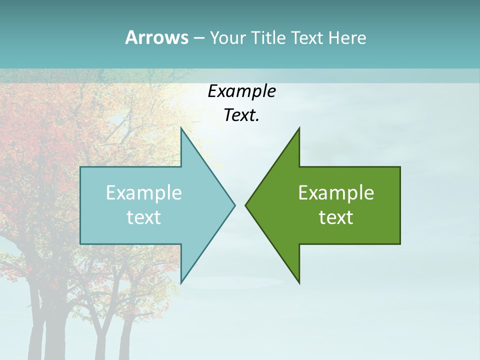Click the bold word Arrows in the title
(x=156, y=37)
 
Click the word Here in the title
(x=347, y=38)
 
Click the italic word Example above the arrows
(x=241, y=91)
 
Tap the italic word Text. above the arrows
(x=241, y=115)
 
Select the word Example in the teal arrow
(x=144, y=193)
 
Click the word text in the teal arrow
(x=144, y=217)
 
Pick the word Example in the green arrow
(x=336, y=193)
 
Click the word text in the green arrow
(x=336, y=217)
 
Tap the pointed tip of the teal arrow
(x=234, y=205)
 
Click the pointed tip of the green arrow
(x=246, y=205)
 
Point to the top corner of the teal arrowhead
(x=181, y=128)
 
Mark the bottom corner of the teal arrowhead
(x=181, y=282)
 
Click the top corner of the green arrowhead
(x=299, y=128)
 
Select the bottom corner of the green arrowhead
(x=299, y=282)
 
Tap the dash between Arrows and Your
(x=198, y=38)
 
